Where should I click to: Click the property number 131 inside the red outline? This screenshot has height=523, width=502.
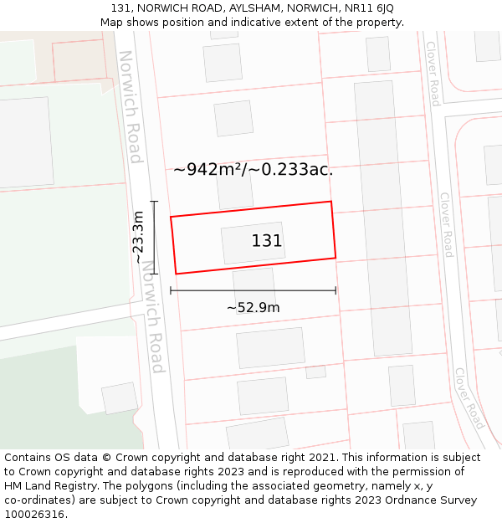[x=267, y=241]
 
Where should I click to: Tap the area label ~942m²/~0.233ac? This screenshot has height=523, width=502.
[x=253, y=169]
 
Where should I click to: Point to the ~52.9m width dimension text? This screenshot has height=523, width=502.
[x=253, y=307]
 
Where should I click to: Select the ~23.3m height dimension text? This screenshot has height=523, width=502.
[x=139, y=237]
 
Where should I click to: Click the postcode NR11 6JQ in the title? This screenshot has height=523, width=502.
[x=365, y=8]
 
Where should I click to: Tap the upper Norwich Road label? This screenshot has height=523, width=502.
[x=131, y=107]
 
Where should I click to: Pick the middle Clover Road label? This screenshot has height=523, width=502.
[x=446, y=224]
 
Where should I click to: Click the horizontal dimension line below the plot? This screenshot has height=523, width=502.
[x=253, y=290]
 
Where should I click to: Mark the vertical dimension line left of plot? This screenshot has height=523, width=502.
[x=154, y=237]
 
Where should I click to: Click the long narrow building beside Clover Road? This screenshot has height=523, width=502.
[x=383, y=218]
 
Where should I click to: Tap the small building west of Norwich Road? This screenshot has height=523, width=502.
[x=120, y=397]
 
